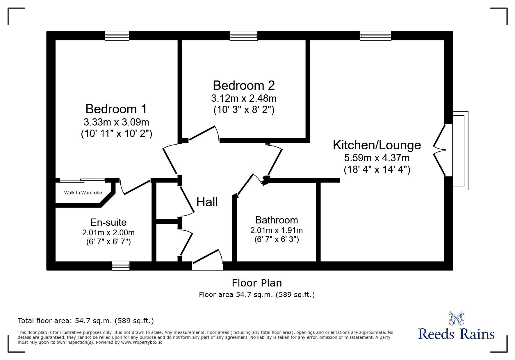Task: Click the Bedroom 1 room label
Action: click(116, 109)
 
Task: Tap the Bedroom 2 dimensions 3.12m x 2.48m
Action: click(244, 98)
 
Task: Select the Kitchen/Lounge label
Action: click(377, 145)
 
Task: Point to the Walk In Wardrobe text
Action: click(83, 193)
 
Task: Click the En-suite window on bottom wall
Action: click(121, 266)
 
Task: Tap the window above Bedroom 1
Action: click(117, 36)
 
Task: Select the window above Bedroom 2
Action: click(243, 36)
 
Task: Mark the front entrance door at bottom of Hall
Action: click(207, 259)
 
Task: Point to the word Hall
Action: click(207, 202)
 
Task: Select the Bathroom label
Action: click(276, 220)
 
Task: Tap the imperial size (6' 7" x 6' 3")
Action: click(277, 239)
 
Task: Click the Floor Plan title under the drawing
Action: click(256, 283)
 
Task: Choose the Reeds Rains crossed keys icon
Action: click(456, 318)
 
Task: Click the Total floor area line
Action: click(86, 321)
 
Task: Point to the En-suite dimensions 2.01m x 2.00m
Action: click(108, 232)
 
